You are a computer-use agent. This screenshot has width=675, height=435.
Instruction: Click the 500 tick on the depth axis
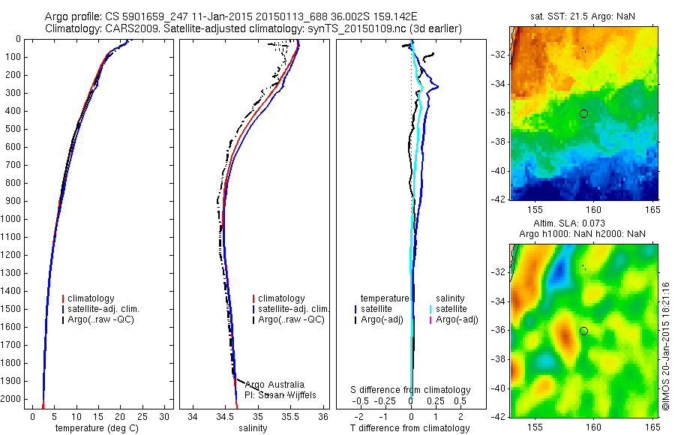[x=12, y=129]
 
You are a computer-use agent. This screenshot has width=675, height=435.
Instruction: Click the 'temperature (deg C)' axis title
[x=97, y=428]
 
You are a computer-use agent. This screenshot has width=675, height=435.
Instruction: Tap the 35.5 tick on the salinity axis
[x=291, y=416]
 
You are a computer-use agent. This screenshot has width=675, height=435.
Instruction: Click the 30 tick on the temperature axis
[x=164, y=416]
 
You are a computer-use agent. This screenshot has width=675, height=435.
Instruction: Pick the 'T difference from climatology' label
[x=410, y=428]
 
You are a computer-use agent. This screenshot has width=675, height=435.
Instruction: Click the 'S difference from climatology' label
[x=411, y=390]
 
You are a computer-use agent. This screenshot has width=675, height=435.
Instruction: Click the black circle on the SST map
[x=583, y=113]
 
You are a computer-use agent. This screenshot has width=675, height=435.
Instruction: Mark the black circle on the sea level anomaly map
[x=583, y=331]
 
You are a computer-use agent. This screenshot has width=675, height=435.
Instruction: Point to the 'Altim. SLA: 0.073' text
[x=583, y=223]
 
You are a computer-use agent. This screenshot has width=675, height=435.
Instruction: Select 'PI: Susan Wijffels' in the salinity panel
[x=281, y=394]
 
